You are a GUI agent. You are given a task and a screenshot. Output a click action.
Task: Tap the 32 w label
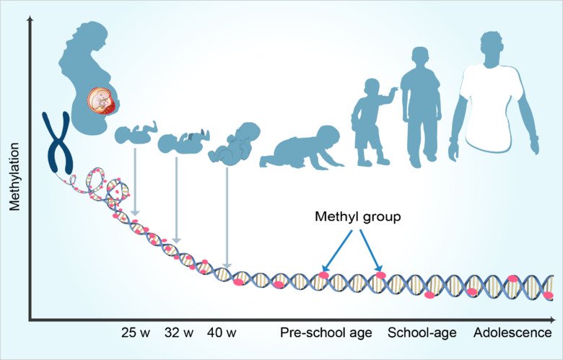pos(179,333)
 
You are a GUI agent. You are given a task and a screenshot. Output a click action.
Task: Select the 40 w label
pos(222,333)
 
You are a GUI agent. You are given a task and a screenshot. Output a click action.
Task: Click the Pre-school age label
pos(326,333)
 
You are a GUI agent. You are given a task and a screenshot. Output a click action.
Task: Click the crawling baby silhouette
pos(300,148)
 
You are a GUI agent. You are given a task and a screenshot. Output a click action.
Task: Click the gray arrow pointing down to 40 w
pos(227,216)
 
